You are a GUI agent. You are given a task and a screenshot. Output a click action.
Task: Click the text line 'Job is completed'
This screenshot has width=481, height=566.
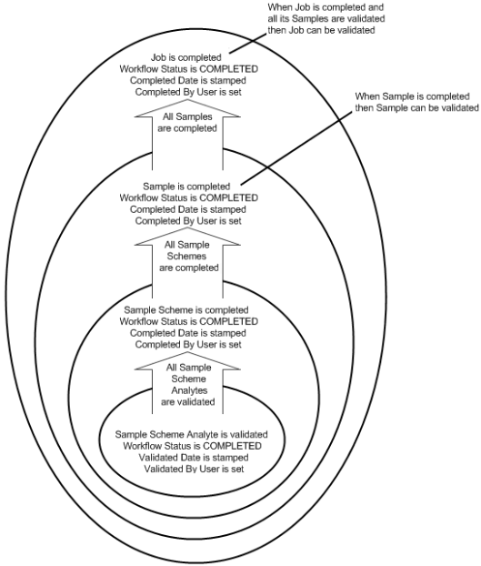pyautogui.click(x=186, y=57)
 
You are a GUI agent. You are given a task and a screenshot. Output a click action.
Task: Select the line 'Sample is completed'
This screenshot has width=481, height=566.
pyautogui.click(x=186, y=187)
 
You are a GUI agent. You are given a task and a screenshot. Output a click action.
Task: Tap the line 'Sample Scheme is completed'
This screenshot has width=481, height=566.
pyautogui.click(x=186, y=309)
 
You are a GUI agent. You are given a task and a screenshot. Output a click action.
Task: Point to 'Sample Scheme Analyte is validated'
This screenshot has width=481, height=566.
pyautogui.click(x=192, y=434)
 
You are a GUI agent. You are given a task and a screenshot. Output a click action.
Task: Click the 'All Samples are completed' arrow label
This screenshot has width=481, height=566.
pyautogui.click(x=187, y=122)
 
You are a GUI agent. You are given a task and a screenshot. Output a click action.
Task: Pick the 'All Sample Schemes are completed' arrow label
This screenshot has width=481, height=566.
pyautogui.click(x=188, y=257)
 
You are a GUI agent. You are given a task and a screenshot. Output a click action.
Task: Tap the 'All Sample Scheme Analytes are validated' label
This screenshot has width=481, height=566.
pyautogui.click(x=188, y=384)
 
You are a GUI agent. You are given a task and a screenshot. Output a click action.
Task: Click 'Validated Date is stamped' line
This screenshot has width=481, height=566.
pyautogui.click(x=194, y=458)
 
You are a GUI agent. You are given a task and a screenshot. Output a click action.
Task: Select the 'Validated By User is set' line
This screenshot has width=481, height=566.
pyautogui.click(x=194, y=469)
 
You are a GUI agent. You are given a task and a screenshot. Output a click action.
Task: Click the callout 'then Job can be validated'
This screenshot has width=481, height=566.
pyautogui.click(x=321, y=30)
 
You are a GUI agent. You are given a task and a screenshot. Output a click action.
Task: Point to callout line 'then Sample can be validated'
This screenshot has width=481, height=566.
pyautogui.click(x=416, y=108)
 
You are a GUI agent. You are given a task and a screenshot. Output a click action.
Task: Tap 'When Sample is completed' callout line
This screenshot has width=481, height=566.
pyautogui.click(x=412, y=96)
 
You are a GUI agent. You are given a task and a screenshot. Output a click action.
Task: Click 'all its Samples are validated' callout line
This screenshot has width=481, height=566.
pyautogui.click(x=326, y=18)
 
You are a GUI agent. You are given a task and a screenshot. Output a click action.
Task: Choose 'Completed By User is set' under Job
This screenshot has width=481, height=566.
pyautogui.click(x=188, y=92)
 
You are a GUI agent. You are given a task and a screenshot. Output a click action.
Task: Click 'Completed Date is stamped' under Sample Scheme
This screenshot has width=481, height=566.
pyautogui.click(x=188, y=333)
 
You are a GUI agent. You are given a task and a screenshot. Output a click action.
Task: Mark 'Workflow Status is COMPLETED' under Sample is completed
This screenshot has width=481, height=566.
pyautogui.click(x=189, y=197)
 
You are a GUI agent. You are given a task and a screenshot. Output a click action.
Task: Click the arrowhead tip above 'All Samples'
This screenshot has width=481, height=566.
pyautogui.click(x=187, y=98)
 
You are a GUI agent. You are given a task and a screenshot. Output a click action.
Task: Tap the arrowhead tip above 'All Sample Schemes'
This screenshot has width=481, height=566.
pyautogui.click(x=187, y=227)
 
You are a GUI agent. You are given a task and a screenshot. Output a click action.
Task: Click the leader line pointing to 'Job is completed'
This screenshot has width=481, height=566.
pyautogui.click(x=247, y=44)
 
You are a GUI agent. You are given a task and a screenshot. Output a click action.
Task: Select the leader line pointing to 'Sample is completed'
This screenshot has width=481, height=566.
pyautogui.click(x=296, y=147)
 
